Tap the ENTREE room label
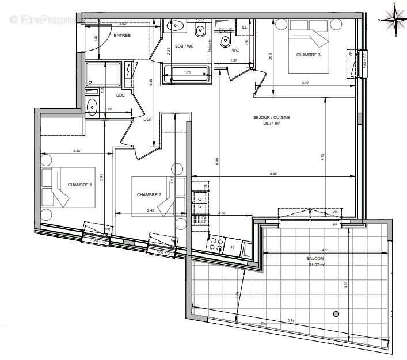(122, 36)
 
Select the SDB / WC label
(184, 45)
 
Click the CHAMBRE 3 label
(309, 55)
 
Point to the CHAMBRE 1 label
(79, 185)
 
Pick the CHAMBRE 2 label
(149, 194)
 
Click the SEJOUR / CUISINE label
(272, 117)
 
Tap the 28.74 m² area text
(272, 123)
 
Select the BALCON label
(315, 259)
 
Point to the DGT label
(147, 120)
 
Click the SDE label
(120, 95)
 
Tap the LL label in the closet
(244, 27)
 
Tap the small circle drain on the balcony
(336, 313)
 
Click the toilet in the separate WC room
(226, 41)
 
